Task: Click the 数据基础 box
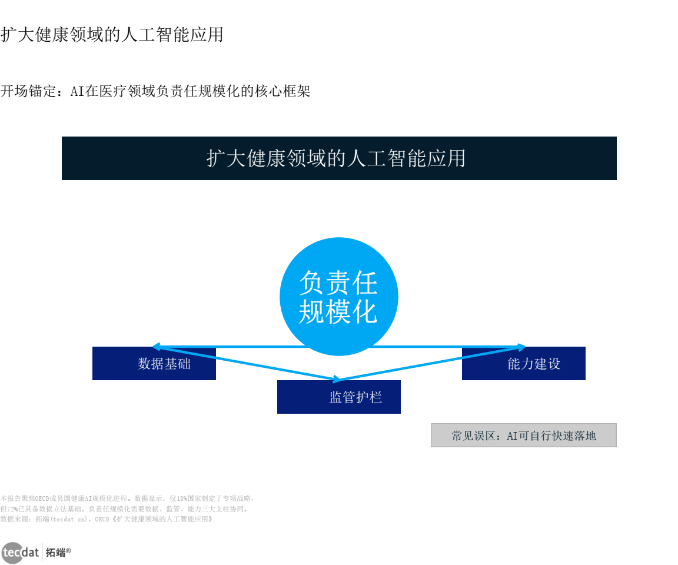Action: pyautogui.click(x=154, y=364)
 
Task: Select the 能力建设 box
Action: pyautogui.click(x=524, y=364)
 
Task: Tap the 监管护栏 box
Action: pyautogui.click(x=339, y=397)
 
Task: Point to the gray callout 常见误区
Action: pyautogui.click(x=523, y=436)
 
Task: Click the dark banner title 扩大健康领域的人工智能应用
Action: pyautogui.click(x=339, y=158)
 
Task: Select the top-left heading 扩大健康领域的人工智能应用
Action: pyautogui.click(x=112, y=35)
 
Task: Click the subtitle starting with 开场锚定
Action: pyautogui.click(x=155, y=91)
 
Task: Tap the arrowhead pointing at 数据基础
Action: pyautogui.click(x=155, y=346)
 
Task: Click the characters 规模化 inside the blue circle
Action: pyautogui.click(x=338, y=312)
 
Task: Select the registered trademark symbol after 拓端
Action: pyautogui.click(x=68, y=550)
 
